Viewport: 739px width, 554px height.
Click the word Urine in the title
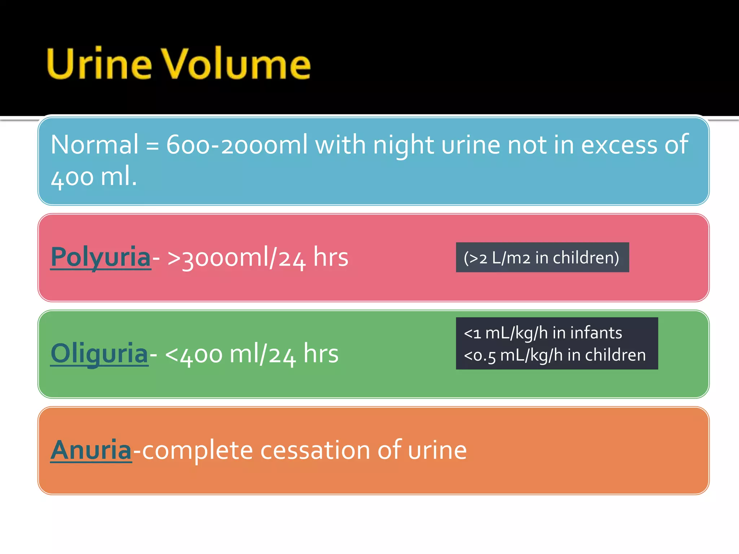(x=99, y=64)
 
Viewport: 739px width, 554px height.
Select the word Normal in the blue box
(x=95, y=145)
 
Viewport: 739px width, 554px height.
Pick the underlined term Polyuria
(x=101, y=257)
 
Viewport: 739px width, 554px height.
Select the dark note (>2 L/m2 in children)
(x=542, y=258)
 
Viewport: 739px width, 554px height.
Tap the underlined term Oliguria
(x=99, y=354)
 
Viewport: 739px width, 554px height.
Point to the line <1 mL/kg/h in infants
(x=543, y=333)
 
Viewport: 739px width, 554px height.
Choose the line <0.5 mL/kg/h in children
(x=555, y=355)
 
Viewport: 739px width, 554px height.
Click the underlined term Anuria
(x=91, y=450)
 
